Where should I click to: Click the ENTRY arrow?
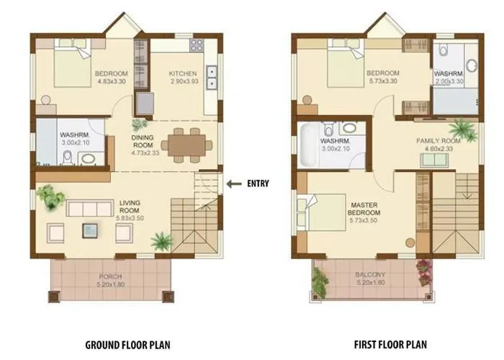point(233,184)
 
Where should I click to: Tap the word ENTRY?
point(257,184)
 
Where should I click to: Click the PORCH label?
point(110,276)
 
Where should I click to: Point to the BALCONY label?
point(371,274)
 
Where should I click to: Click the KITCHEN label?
point(183,73)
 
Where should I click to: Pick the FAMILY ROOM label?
point(438,140)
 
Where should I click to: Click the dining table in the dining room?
point(186,142)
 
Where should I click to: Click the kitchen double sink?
point(212,76)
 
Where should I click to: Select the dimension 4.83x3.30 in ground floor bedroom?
point(111,82)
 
